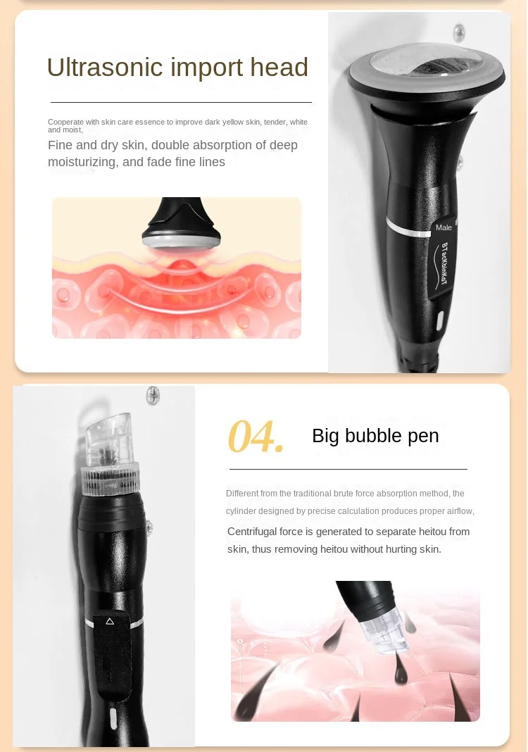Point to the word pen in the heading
(424, 437)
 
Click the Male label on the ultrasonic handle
(444, 227)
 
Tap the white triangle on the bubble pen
(109, 621)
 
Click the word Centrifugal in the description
(254, 532)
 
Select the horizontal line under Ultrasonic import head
(181, 103)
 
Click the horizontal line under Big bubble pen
(348, 469)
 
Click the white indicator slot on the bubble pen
(113, 718)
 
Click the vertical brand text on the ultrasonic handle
(445, 268)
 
